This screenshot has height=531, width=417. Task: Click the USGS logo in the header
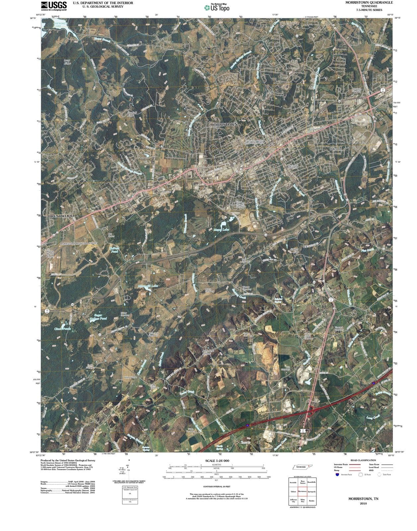tap(54, 6)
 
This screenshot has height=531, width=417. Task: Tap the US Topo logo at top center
tap(217, 7)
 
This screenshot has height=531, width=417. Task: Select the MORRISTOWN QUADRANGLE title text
tap(369, 2)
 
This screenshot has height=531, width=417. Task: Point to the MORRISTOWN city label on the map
tap(224, 124)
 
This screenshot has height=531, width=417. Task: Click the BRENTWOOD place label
tap(61, 216)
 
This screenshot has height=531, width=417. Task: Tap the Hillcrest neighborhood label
tap(335, 149)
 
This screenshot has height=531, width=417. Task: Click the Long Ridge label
tap(67, 62)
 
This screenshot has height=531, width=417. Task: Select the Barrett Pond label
tap(114, 250)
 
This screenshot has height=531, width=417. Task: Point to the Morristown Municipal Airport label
tap(79, 243)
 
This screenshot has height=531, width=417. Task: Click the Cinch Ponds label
tap(62, 329)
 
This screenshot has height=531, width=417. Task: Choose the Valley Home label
tap(130, 378)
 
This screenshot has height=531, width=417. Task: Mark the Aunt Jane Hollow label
tap(206, 352)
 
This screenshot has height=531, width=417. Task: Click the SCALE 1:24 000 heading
tap(217, 461)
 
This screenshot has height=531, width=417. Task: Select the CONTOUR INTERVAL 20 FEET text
tap(217, 486)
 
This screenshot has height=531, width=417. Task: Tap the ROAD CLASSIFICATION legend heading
tap(363, 460)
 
